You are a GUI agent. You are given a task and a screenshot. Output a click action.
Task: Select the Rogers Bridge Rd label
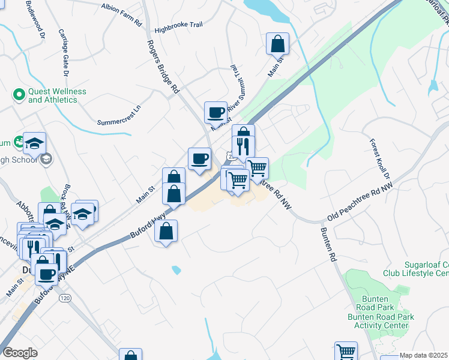tap(163, 67)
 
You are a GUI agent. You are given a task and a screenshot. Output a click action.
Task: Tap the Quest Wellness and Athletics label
tap(57, 95)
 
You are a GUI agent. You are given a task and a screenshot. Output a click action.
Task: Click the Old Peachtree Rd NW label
tap(360, 202)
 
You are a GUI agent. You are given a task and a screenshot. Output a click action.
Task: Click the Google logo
tap(20, 353)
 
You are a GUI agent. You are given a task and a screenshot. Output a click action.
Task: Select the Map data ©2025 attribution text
tap(424, 355)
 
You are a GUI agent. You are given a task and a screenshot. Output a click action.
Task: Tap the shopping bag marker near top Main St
tap(278, 43)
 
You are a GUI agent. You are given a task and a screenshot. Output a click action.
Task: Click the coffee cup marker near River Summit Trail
tap(215, 112)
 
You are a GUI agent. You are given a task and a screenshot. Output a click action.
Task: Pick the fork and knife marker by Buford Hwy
tap(244, 146)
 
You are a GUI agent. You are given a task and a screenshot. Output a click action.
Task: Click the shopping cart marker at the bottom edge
tap(346, 351)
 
